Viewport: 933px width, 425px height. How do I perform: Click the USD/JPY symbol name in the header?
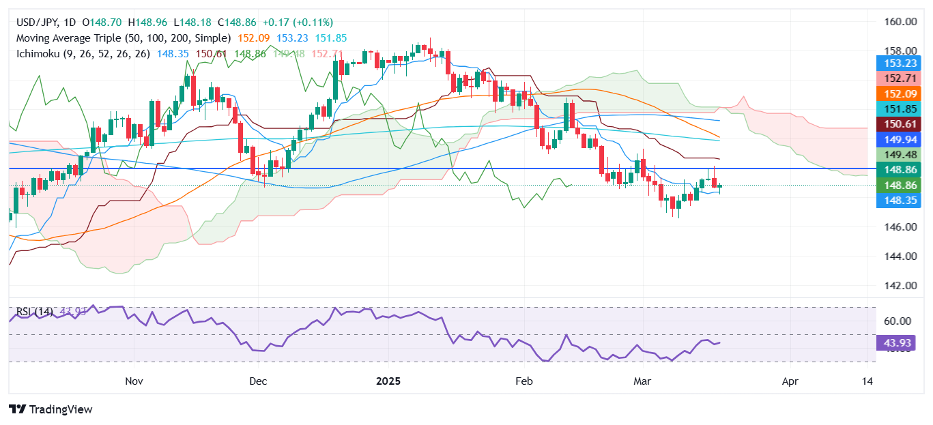tap(37, 23)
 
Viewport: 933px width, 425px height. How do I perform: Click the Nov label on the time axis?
tap(134, 380)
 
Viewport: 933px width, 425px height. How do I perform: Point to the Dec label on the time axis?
tap(258, 380)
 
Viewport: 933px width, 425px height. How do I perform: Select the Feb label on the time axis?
tap(523, 380)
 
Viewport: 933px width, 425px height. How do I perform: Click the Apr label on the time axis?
tap(790, 380)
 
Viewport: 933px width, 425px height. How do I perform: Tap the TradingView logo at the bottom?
tap(51, 409)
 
